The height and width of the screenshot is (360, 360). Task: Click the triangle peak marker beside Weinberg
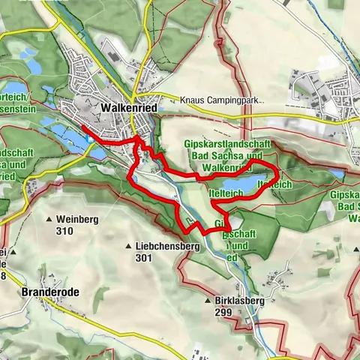click(51, 220)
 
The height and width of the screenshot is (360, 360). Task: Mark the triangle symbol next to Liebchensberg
click(132, 245)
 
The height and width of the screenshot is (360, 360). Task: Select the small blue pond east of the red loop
click(338, 173)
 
